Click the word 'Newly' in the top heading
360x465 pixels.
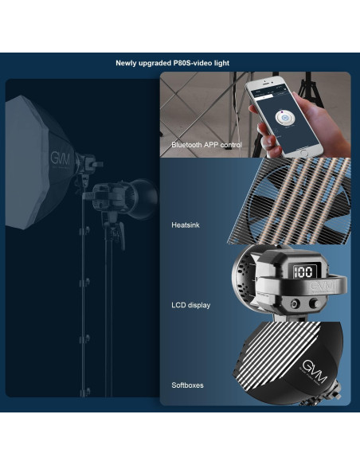coord(129,62)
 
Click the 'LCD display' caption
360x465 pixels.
coord(190,305)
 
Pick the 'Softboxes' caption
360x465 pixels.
coord(187,385)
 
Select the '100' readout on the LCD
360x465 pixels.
coord(302,272)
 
